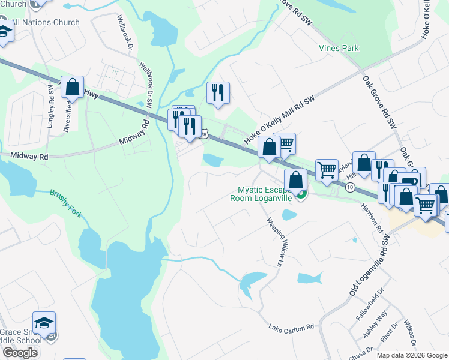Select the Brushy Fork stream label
[x=67, y=204]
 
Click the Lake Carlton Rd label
[x=292, y=328]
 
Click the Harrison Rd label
[x=372, y=217]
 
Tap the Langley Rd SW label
[x=50, y=96]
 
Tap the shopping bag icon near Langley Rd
[x=72, y=87]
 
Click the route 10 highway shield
[x=350, y=188]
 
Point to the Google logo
[x=20, y=352]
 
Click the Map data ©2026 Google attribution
[x=412, y=355]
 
